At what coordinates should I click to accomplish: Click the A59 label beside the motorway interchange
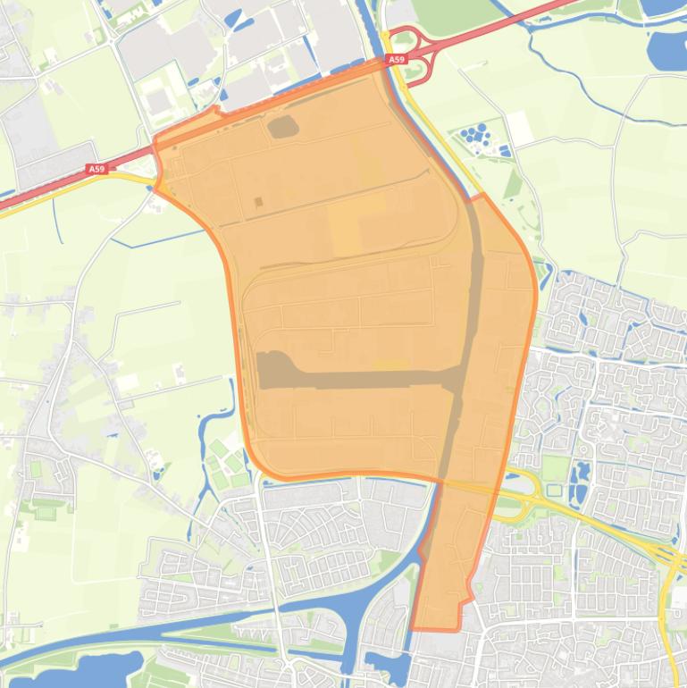click(x=396, y=60)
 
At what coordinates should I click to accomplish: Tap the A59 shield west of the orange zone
click(x=96, y=168)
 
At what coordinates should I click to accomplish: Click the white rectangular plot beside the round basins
click(x=521, y=130)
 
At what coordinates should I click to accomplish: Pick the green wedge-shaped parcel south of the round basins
click(x=513, y=183)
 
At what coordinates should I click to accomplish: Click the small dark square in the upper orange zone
click(x=258, y=202)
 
